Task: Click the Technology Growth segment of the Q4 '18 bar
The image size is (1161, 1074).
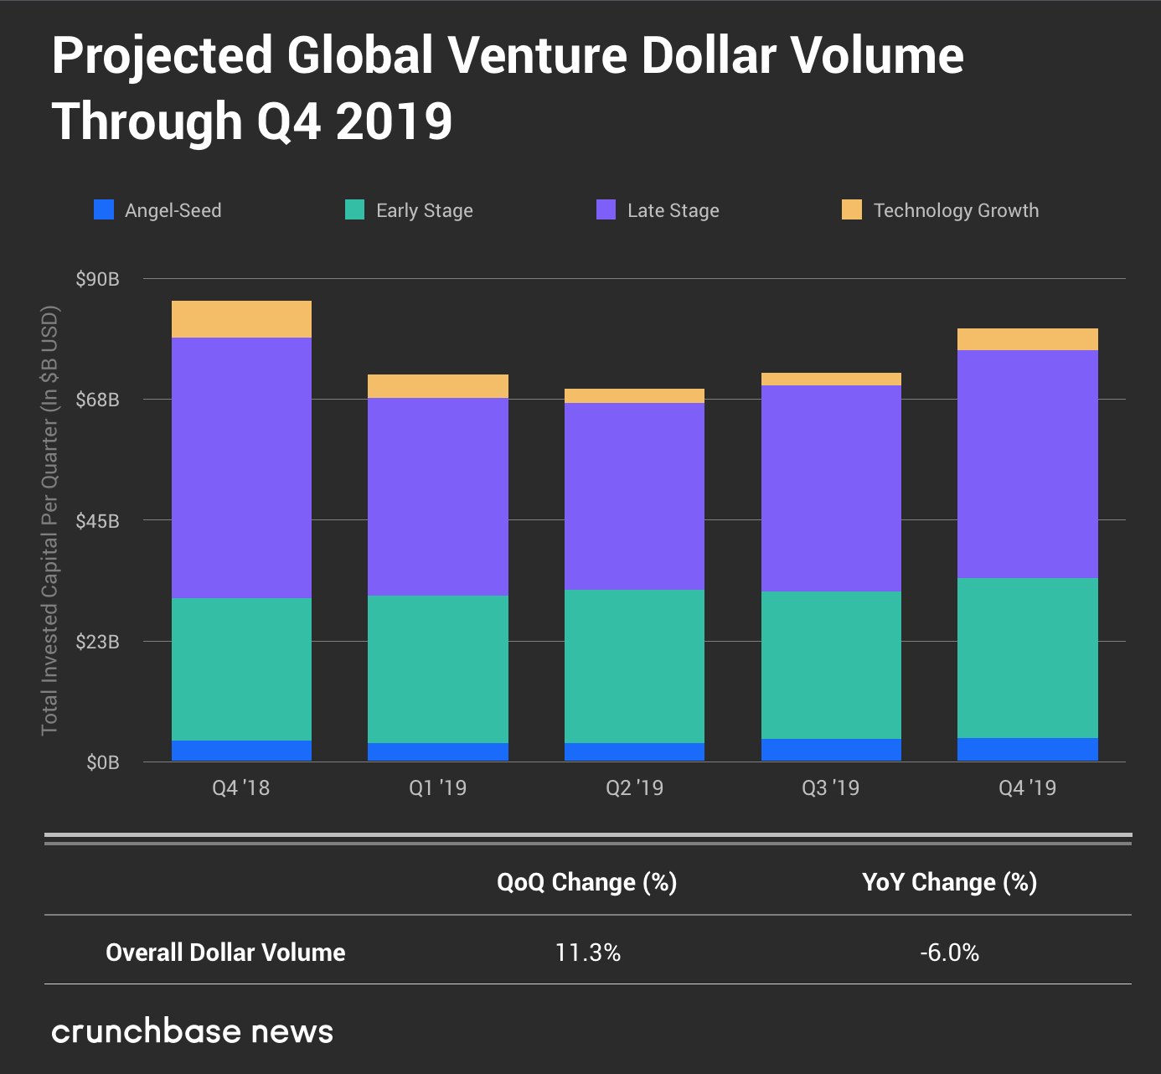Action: [241, 319]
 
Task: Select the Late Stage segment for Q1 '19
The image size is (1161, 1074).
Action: [438, 496]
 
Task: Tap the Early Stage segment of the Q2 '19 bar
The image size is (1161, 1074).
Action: [634, 666]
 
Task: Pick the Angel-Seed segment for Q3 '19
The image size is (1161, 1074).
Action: [831, 750]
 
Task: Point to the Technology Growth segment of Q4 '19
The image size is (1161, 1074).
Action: [1028, 339]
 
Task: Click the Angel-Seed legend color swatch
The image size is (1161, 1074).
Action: [104, 209]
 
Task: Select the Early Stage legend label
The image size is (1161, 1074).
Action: [424, 210]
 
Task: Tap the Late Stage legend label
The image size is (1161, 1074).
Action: [673, 210]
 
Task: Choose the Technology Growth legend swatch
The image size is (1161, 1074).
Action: [852, 209]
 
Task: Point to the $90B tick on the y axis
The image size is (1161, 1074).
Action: [97, 279]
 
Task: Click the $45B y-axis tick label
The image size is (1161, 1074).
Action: [97, 521]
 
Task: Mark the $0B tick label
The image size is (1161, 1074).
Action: [102, 762]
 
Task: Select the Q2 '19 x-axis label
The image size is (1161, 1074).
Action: [634, 787]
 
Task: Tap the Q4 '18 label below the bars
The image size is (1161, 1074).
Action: [241, 787]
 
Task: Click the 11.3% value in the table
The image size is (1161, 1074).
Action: [588, 953]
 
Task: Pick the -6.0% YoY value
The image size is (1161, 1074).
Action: [949, 953]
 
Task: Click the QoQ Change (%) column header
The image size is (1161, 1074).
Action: [586, 882]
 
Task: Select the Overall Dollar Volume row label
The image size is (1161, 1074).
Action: [225, 953]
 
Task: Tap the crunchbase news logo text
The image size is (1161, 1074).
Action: [192, 1031]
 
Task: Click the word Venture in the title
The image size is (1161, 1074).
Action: [537, 55]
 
